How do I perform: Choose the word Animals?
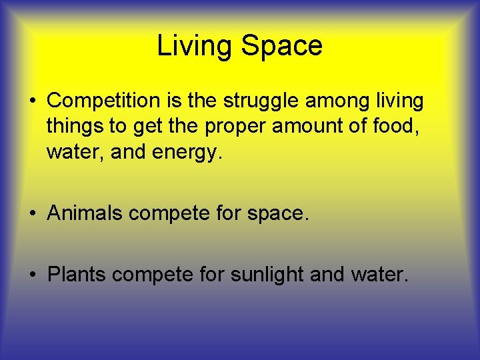(85, 213)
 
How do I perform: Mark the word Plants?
(77, 274)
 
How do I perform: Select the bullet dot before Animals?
(33, 213)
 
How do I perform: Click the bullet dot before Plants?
(33, 275)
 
